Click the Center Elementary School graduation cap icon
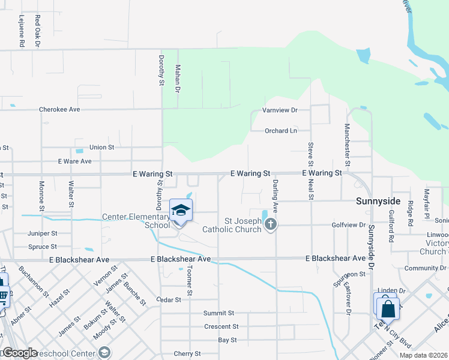(x=181, y=210)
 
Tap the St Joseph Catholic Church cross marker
(x=271, y=224)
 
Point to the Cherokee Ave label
(x=59, y=110)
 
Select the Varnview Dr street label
(x=280, y=110)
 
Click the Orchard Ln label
(x=281, y=131)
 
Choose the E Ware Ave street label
(x=74, y=161)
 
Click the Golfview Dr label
(x=348, y=225)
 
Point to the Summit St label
(x=218, y=313)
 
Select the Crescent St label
(x=221, y=327)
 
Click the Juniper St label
(x=42, y=233)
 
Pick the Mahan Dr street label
(x=177, y=79)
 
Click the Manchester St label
(x=347, y=145)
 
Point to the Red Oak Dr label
(x=37, y=31)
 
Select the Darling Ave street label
(x=276, y=195)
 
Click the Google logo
(x=19, y=353)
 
